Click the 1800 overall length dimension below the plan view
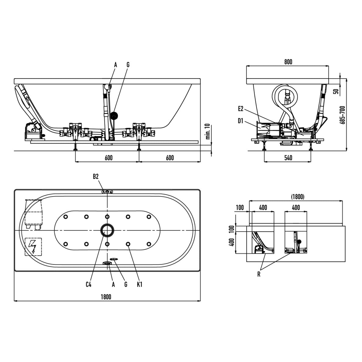pyautogui.click(x=106, y=297)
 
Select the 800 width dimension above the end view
pyautogui.click(x=288, y=62)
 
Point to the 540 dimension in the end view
pyautogui.click(x=288, y=158)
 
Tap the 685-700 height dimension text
pyautogui.click(x=342, y=115)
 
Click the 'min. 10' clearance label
pyautogui.click(x=208, y=131)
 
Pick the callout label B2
pyautogui.click(x=96, y=177)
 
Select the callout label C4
pyautogui.click(x=88, y=284)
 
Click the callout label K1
pyautogui.click(x=140, y=284)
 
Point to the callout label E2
pyautogui.click(x=240, y=109)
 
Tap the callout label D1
pyautogui.click(x=240, y=121)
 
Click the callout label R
pyautogui.click(x=259, y=274)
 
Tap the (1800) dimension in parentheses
pyautogui.click(x=298, y=197)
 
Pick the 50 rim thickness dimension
pyautogui.click(x=337, y=91)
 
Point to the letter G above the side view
pyautogui.click(x=128, y=65)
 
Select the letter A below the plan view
pyautogui.click(x=113, y=284)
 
